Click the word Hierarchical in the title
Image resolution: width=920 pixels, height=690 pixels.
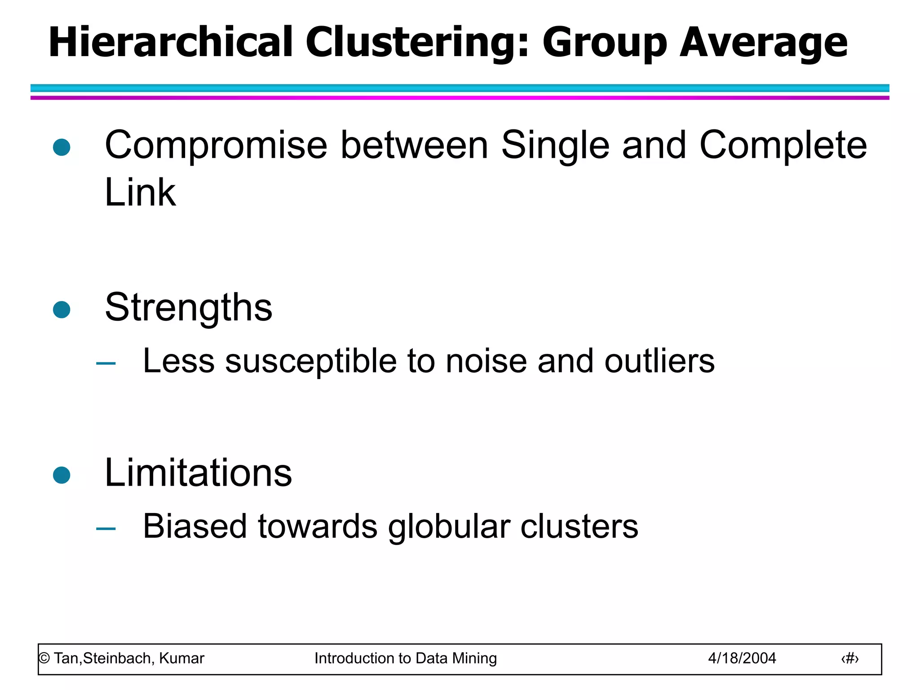click(171, 43)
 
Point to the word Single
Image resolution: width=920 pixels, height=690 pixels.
click(555, 146)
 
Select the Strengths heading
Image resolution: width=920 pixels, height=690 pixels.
click(189, 308)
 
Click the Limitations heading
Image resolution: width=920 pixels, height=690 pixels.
click(198, 473)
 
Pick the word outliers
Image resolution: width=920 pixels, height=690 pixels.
click(659, 361)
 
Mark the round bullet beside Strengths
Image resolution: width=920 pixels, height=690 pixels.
click(62, 310)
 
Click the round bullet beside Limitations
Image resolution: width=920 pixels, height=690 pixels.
click(62, 475)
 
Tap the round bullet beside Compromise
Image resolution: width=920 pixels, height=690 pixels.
click(62, 147)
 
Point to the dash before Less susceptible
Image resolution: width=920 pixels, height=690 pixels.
click(106, 363)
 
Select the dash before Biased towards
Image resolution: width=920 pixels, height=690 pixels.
click(106, 529)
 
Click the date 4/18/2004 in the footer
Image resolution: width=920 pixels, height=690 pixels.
click(742, 659)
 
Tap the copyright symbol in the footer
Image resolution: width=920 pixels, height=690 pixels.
click(44, 659)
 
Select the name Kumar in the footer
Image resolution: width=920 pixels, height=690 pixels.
click(181, 659)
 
